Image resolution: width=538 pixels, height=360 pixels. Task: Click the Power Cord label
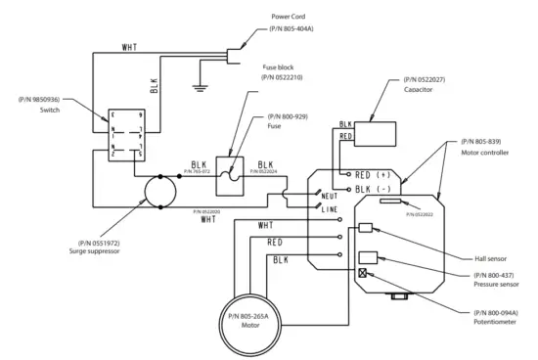(x=291, y=18)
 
